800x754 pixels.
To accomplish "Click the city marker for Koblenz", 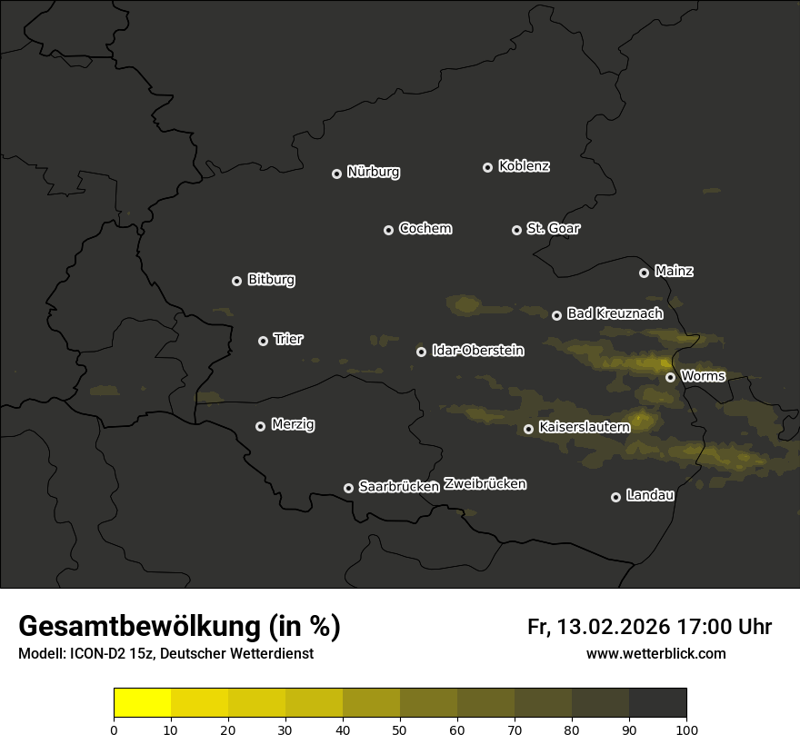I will tap(487, 167).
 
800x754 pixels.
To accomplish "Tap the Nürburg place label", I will tap(373, 172).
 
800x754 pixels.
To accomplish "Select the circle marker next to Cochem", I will tap(388, 230).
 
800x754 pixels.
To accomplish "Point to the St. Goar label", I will tap(553, 228).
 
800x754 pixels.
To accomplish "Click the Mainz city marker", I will tap(644, 273).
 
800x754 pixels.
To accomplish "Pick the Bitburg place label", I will tap(271, 280).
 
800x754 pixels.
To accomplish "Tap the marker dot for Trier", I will tap(263, 341).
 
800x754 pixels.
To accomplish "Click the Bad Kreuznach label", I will tap(615, 313).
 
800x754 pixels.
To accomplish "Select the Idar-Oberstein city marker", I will tap(421, 352).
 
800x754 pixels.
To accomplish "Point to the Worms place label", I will tap(703, 375).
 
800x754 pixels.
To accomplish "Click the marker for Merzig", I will tap(260, 426).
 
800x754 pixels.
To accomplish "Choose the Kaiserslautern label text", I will tap(584, 426).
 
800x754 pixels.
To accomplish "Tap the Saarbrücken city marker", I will tap(348, 488).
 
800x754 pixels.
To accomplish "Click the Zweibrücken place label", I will tap(485, 484).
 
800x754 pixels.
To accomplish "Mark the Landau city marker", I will tap(615, 497).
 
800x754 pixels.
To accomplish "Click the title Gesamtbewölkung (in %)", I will tap(179, 627).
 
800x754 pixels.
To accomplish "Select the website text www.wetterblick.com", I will tap(655, 653).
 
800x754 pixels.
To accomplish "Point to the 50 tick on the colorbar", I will tap(400, 729).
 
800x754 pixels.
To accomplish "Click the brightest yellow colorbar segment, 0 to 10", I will tap(143, 703).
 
